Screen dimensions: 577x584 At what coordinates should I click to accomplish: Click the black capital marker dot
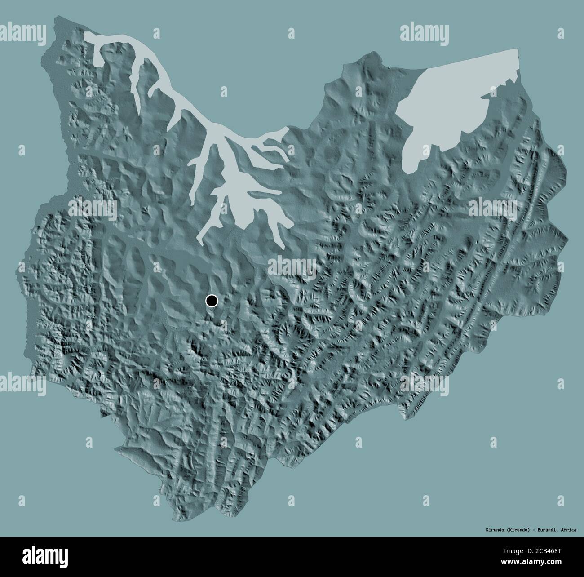click(x=211, y=301)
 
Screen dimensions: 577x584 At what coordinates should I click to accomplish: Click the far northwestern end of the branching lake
click(x=85, y=34)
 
